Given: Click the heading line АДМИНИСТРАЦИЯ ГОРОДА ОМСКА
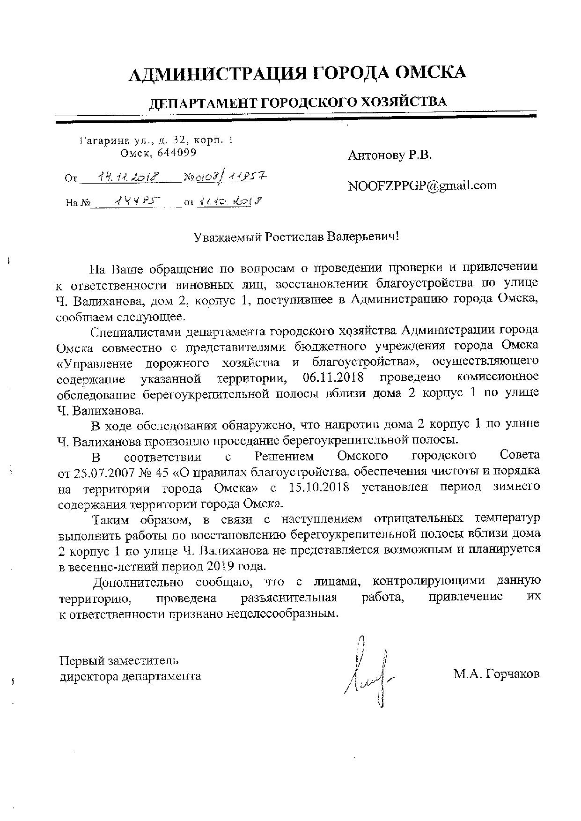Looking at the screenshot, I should (297, 73).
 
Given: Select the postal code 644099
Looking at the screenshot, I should (177, 152).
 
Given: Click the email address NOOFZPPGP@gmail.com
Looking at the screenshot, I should (422, 185).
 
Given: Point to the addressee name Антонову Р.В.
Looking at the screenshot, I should (390, 156).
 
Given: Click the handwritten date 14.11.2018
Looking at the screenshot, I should (127, 177).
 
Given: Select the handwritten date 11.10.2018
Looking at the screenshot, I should (229, 201).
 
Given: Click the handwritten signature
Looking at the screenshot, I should (369, 669).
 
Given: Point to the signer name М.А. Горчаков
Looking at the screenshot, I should (496, 674).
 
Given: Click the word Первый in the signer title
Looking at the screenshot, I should (82, 661).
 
